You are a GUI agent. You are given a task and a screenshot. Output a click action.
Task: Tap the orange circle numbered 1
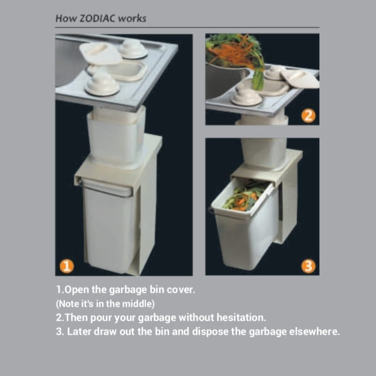[x=66, y=266]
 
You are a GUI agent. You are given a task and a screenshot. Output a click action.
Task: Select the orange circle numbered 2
[x=308, y=116]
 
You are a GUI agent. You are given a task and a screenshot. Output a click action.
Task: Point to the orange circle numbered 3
[x=308, y=266]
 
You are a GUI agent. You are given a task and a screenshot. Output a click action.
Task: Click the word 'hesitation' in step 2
[x=241, y=317]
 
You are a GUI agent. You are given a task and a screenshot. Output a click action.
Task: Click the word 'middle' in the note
[x=137, y=304]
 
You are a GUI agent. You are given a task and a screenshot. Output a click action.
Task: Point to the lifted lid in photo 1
[x=100, y=54]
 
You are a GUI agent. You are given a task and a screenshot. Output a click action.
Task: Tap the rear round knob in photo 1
[x=133, y=49]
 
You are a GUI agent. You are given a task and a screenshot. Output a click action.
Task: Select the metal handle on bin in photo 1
[x=105, y=189]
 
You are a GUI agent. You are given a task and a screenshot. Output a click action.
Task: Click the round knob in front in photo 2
[x=246, y=96]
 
